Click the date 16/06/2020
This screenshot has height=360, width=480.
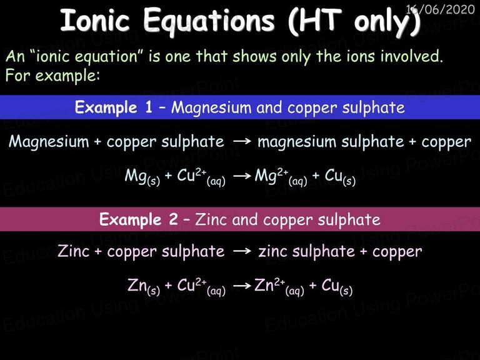coord(440,9)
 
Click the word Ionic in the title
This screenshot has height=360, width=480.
coord(95,20)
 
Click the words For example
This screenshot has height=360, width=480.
coord(52,75)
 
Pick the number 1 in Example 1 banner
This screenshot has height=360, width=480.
coord(149,107)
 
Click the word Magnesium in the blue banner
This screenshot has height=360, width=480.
coord(211,108)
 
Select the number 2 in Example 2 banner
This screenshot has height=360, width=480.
coord(174,219)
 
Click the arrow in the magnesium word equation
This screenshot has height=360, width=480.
coord(242,141)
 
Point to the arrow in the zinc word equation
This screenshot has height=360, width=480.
coord(242,251)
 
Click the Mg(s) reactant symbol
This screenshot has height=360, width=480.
coord(142,177)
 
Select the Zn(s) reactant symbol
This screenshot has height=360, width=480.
coord(144,287)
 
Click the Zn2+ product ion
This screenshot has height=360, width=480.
coord(279,287)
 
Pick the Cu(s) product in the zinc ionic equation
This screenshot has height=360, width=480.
coord(337,287)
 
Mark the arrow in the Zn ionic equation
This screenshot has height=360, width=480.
coord(242,286)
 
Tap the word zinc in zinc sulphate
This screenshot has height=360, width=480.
coord(273,252)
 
